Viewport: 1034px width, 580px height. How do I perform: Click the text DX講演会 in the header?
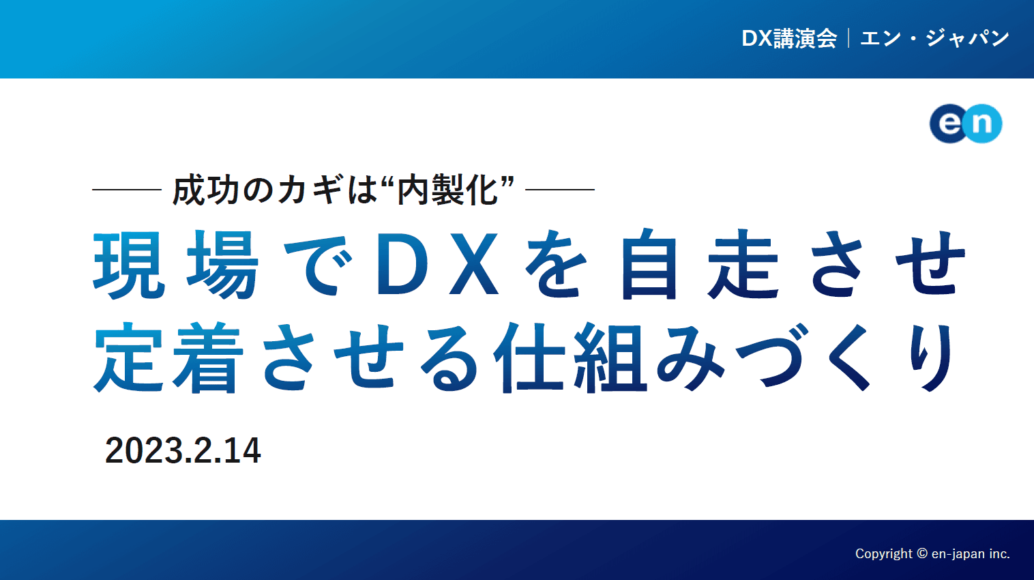pos(789,38)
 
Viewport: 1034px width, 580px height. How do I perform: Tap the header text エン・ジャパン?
pos(934,38)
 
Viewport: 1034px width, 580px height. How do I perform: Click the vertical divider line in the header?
pos(848,38)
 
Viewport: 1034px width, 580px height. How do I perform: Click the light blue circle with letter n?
pos(984,124)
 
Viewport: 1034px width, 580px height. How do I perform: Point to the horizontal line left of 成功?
pos(126,189)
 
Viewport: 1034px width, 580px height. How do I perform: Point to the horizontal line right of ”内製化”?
pos(560,189)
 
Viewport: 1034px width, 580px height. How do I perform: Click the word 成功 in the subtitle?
pos(206,190)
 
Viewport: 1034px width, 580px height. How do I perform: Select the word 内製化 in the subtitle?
pos(448,190)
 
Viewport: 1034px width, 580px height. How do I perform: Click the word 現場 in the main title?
pos(176,265)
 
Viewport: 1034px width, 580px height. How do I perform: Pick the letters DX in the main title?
pos(438,265)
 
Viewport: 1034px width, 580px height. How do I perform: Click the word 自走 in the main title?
pos(700,265)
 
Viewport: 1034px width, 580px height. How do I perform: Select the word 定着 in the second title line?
pos(168,356)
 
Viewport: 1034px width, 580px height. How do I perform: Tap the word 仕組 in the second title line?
pos(569,356)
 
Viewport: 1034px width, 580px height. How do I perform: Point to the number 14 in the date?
pos(243,451)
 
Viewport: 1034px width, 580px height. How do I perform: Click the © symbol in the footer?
pos(922,553)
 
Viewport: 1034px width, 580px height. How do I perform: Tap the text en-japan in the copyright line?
pos(958,554)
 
